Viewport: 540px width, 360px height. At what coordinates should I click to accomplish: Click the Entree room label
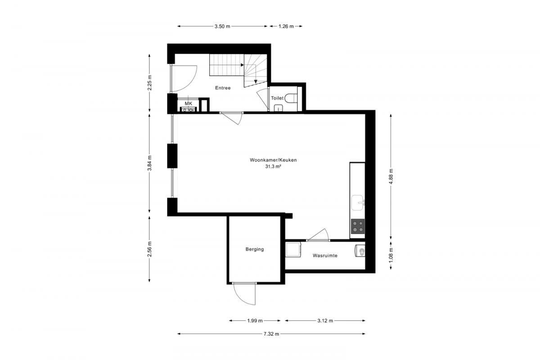223,88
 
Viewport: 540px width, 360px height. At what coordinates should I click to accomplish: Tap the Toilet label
277,98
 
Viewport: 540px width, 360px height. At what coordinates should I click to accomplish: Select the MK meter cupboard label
189,103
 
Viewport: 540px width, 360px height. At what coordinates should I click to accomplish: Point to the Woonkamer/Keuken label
273,160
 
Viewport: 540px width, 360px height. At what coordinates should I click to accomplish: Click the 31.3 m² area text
274,166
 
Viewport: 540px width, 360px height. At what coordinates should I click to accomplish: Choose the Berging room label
255,249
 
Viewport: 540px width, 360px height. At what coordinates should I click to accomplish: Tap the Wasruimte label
325,256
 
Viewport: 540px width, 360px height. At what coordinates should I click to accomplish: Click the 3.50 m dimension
222,27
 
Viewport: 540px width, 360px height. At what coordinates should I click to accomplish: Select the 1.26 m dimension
286,27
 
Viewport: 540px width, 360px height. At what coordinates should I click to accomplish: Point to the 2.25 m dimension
150,83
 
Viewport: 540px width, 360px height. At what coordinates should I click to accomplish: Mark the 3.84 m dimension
150,163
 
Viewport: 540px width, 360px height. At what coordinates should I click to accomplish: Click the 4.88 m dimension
391,176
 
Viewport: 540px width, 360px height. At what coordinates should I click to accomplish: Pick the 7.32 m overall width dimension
271,334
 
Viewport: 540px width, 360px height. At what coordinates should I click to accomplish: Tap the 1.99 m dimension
255,321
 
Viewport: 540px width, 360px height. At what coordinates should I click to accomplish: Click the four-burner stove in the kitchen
358,226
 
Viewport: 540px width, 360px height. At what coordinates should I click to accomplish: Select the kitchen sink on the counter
357,202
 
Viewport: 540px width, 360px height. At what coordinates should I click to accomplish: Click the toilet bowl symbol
291,99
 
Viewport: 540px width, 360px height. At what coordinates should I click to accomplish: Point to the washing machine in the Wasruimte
293,250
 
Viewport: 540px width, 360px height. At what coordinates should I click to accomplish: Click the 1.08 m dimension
391,255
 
